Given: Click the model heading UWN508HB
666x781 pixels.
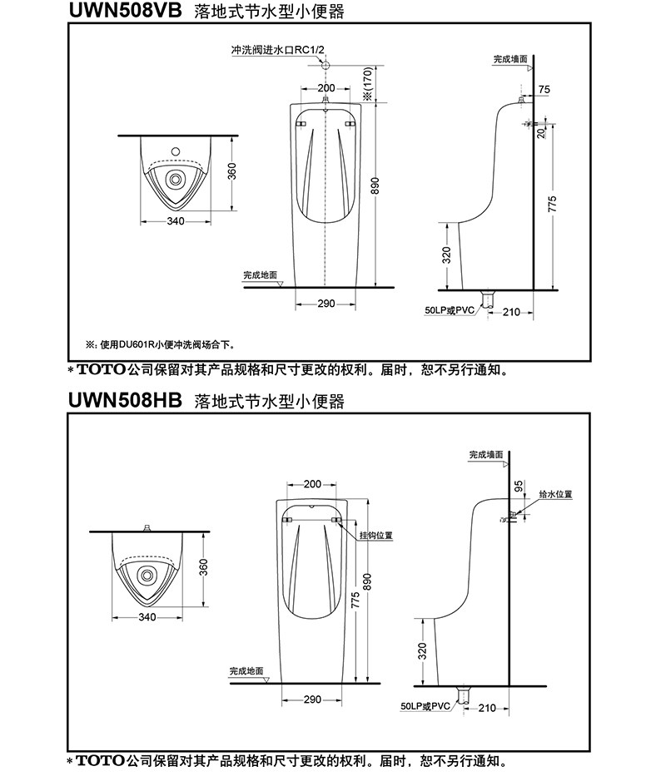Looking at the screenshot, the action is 124,402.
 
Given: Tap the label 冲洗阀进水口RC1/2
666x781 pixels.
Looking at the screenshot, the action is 277,52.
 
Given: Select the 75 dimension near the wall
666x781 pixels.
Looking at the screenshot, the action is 544,89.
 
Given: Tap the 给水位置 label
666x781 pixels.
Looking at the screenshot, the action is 555,494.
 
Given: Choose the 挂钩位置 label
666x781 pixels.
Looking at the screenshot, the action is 376,535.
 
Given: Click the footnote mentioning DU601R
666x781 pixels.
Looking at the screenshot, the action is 159,344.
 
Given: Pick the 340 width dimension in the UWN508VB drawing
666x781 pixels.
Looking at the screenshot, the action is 175,221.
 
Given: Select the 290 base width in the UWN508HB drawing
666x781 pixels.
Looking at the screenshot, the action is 312,699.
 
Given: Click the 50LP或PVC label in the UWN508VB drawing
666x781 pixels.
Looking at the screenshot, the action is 449,310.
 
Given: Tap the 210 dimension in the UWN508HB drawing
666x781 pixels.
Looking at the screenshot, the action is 487,708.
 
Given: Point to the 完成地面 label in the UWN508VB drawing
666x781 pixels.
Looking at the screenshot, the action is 260,274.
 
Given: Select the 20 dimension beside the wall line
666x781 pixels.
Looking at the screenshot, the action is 542,133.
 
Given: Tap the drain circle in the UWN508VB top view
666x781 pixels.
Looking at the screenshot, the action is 176,177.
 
